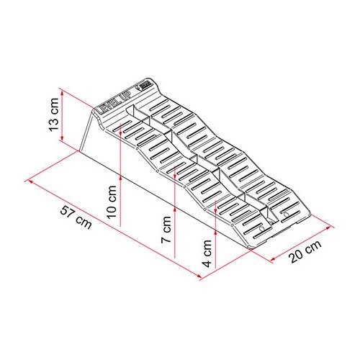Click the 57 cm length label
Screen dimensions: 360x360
pos(76,219)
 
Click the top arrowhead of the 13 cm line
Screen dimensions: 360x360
pos(63,93)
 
